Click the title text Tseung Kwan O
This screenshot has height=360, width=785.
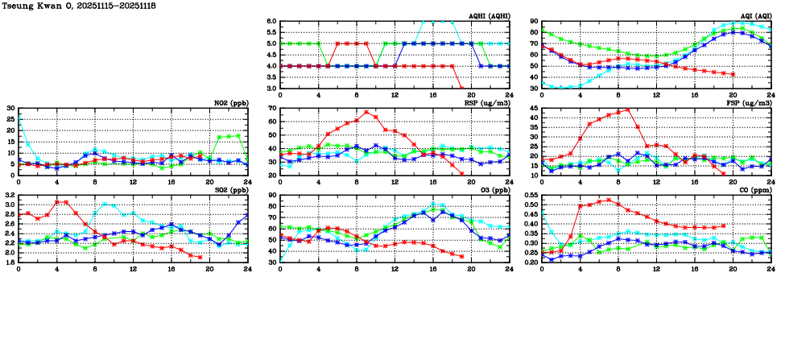pos(36,6)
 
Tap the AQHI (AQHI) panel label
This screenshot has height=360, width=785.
pos(490,16)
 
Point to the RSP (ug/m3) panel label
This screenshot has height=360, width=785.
pos(491,103)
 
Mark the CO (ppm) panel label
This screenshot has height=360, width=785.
pos(756,190)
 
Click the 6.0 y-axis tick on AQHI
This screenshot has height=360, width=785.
pos(271,21)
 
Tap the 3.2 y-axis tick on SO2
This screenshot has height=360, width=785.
pos(10,195)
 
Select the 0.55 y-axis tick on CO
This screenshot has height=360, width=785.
pos(531,195)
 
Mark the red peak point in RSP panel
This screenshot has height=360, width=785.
pos(366,112)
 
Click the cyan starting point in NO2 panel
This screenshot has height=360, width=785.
pos(19,118)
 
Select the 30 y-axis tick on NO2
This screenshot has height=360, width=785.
pos(11,108)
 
